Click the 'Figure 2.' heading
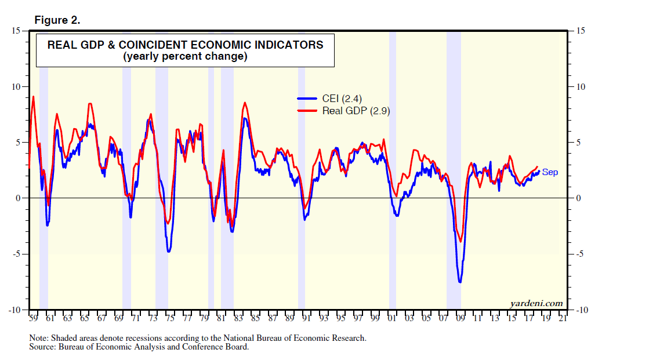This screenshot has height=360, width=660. point(57,20)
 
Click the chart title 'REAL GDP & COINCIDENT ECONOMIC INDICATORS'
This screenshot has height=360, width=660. point(185,45)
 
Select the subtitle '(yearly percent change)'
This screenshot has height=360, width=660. point(185,56)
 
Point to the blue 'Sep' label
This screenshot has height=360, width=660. point(550,172)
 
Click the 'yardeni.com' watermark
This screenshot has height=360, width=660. point(536,303)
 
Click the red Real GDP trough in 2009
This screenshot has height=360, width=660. point(460,242)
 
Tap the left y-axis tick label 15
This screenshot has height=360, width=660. point(17,31)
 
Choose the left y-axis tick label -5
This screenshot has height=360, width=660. point(17,254)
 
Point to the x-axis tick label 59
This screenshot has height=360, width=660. point(33,319)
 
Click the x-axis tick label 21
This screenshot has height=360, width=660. point(562,319)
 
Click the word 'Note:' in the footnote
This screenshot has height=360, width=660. point(39,338)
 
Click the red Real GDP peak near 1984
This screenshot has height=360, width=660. point(245,103)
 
